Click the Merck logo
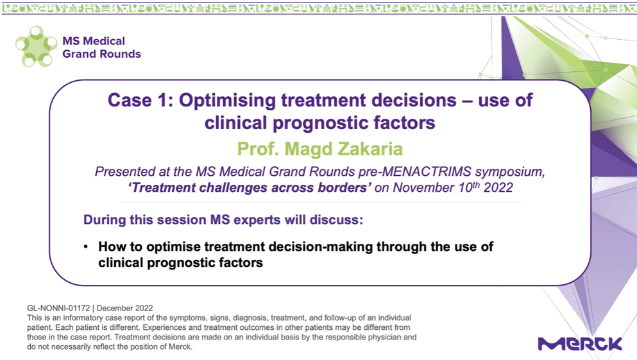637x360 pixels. pyautogui.click(x=580, y=343)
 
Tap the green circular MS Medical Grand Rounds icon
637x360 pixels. pyautogui.click(x=36, y=46)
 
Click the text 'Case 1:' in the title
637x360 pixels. pyautogui.click(x=140, y=100)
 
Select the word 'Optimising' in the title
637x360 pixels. pyautogui.click(x=227, y=101)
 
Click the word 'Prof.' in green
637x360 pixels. pyautogui.click(x=258, y=149)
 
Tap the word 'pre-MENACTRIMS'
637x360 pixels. pyautogui.click(x=415, y=172)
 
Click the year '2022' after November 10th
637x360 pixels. pyautogui.click(x=498, y=188)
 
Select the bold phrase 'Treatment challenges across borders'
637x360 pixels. pyautogui.click(x=250, y=188)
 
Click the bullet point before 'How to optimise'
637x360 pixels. pyautogui.click(x=86, y=246)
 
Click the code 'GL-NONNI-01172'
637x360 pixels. pyautogui.click(x=58, y=309)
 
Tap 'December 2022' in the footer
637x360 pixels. pyautogui.click(x=124, y=309)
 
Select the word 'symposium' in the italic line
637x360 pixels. pyautogui.click(x=510, y=172)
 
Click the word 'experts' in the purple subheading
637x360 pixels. pyautogui.click(x=257, y=220)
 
